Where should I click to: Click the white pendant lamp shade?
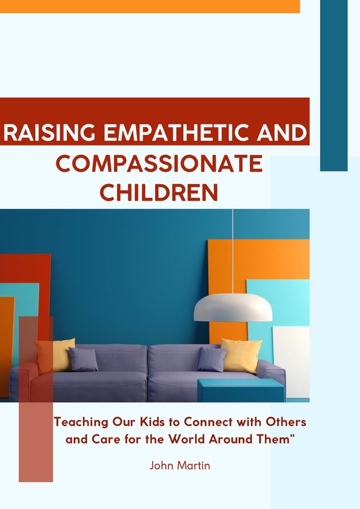point(233,307)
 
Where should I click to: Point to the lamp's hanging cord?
point(233,249)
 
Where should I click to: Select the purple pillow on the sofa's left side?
point(84,360)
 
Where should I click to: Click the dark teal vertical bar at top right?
point(333,85)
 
